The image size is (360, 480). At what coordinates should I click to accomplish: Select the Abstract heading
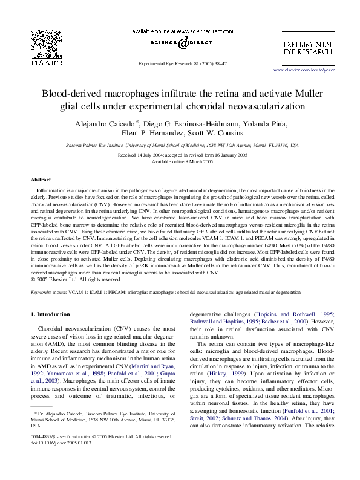pos(41,180)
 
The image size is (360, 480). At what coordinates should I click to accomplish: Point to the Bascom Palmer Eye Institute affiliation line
pos(180,146)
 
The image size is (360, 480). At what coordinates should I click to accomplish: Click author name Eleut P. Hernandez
pos(156,133)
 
